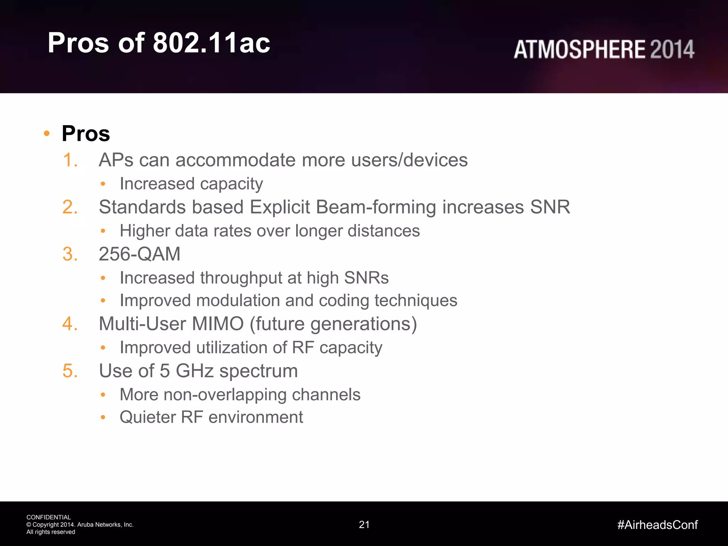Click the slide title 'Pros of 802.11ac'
159,43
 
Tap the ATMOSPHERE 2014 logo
604,49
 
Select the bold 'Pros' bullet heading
86,134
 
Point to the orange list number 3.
70,254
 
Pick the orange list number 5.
70,371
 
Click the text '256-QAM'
139,254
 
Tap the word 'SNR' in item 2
550,207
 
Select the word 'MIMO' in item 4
218,324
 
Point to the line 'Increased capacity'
191,184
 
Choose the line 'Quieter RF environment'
211,417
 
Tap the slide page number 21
364,525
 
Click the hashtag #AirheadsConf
658,525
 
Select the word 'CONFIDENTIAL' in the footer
49,517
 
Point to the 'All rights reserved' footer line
51,532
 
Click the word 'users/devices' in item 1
409,160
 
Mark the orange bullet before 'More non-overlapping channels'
103,395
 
